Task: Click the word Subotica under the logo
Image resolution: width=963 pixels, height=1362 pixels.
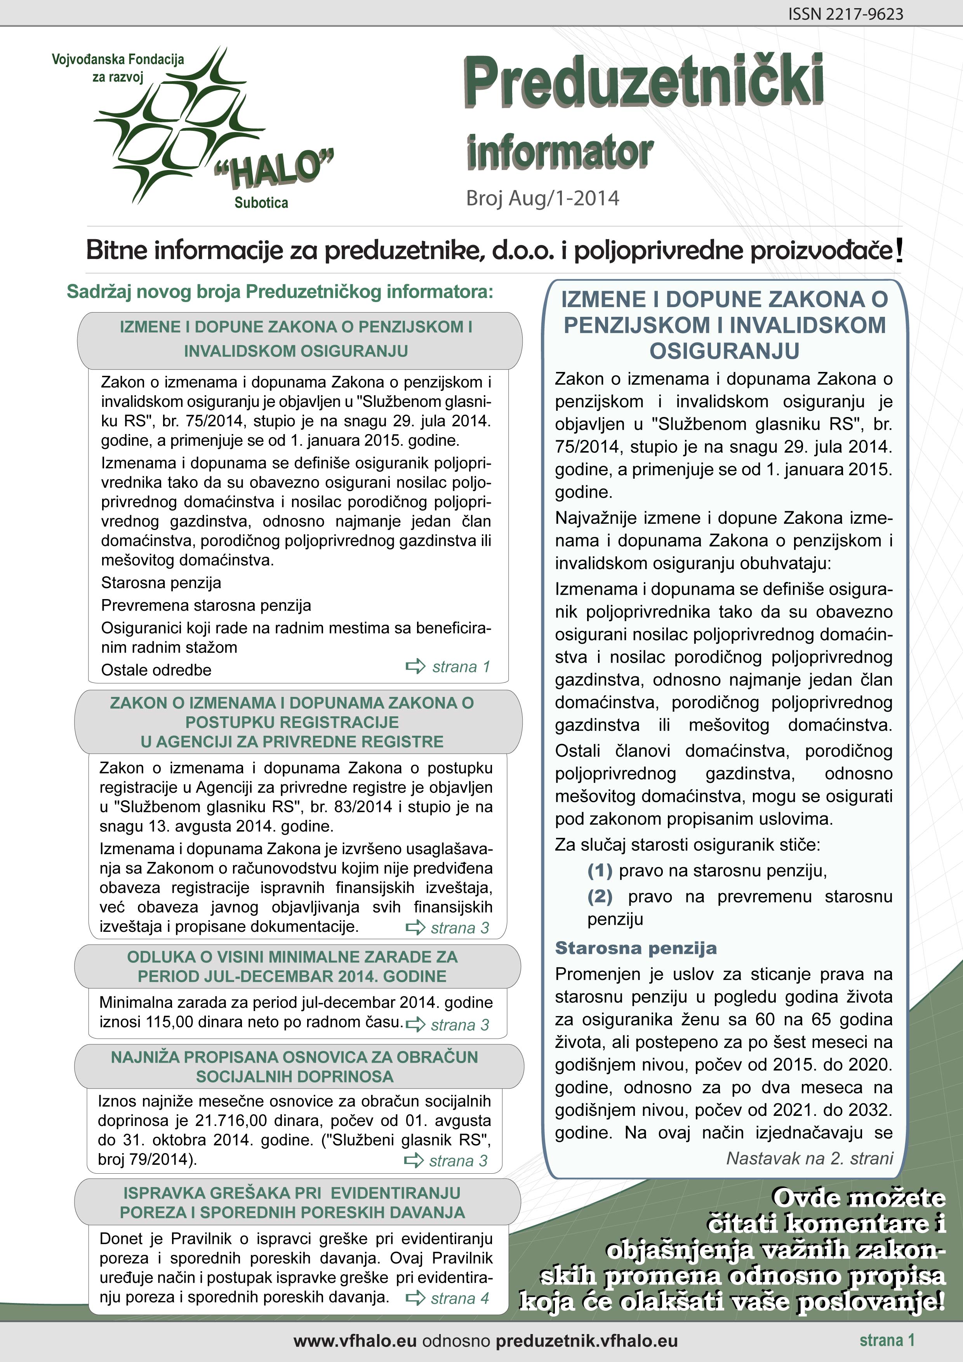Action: coord(261,203)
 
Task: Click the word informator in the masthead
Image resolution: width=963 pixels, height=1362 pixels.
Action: coord(560,153)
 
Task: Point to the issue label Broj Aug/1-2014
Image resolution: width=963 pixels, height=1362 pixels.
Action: coord(542,198)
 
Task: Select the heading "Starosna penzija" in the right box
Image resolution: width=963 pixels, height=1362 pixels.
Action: coord(636,948)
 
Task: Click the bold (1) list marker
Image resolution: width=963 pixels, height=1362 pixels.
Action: coord(599,871)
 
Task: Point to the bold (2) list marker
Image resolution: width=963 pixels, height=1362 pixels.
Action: coord(599,896)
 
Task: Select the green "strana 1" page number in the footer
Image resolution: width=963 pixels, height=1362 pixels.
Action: coord(887,1340)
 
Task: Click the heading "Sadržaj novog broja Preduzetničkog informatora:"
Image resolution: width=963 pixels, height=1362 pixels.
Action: coord(280,292)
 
